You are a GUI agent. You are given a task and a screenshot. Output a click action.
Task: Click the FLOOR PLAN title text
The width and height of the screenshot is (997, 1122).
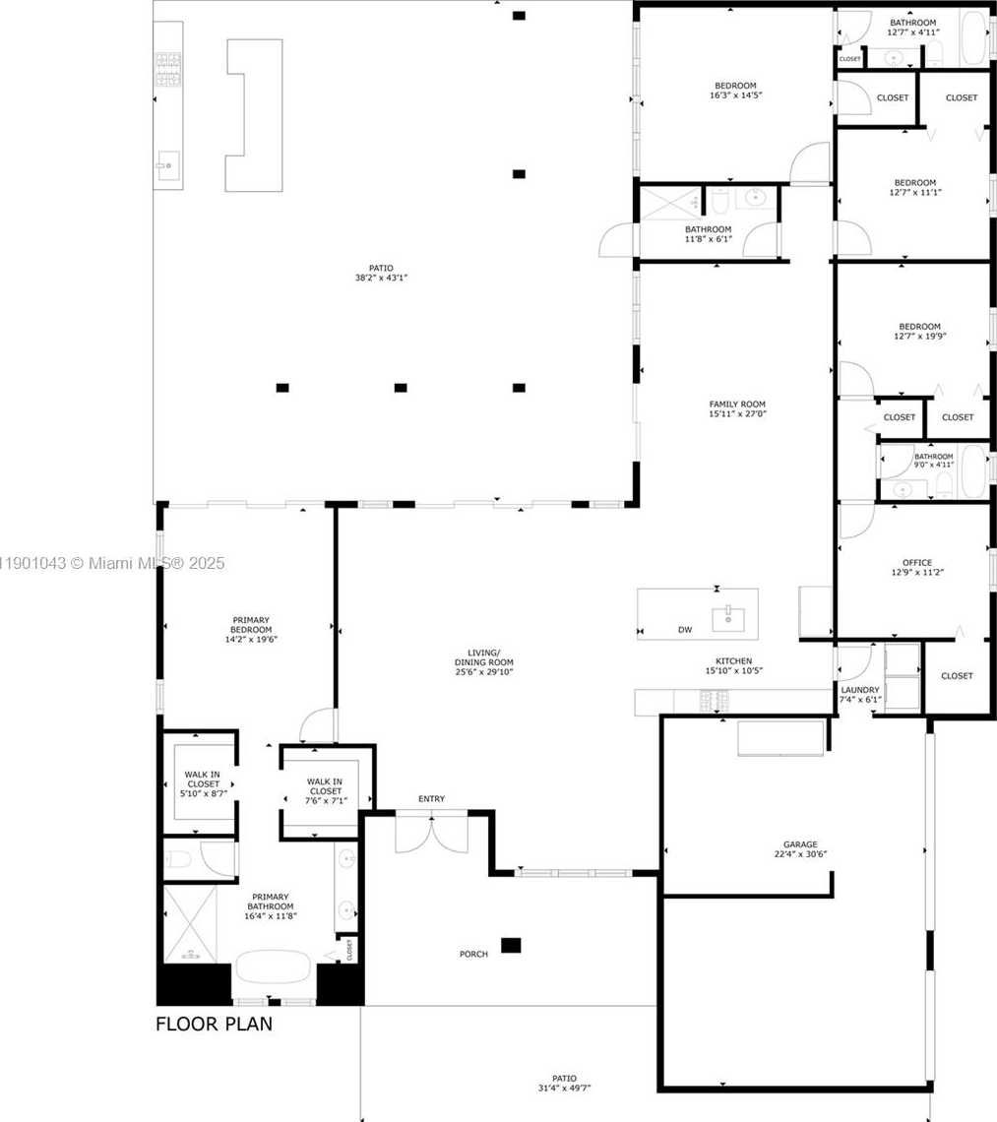[214, 1025]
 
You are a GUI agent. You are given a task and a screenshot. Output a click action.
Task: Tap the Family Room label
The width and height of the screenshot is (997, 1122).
[737, 405]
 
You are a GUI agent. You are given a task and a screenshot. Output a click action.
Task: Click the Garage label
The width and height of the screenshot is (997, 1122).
[800, 844]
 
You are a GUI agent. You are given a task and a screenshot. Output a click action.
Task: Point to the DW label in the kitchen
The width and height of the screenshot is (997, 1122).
[685, 630]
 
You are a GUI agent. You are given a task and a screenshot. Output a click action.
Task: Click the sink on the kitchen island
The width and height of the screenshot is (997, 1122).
[728, 618]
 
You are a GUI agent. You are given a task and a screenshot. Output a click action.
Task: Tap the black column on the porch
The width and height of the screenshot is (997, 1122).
[510, 945]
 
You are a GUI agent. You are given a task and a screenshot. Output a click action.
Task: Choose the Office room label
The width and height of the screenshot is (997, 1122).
[916, 563]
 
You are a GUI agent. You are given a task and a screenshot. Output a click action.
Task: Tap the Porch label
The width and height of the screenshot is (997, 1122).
[473, 954]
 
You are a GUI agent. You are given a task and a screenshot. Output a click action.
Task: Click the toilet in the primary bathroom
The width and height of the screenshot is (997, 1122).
[179, 859]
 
